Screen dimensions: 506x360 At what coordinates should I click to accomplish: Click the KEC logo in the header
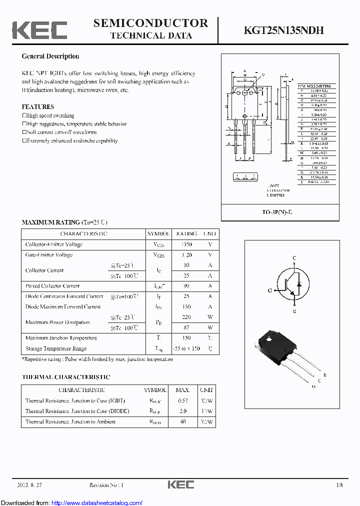click(39, 29)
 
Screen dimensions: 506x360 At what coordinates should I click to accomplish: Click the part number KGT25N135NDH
click(283, 30)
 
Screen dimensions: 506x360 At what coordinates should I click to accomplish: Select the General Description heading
click(50, 56)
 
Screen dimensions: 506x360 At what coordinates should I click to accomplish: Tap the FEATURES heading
click(37, 107)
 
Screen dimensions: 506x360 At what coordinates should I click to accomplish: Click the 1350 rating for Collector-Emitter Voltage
click(186, 244)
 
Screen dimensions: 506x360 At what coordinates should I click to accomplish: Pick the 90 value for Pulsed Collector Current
click(186, 286)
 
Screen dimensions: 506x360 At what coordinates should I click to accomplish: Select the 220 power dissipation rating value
click(186, 317)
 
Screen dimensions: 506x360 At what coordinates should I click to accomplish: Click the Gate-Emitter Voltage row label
click(49, 255)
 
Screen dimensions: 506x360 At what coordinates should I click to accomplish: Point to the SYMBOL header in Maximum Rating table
click(158, 234)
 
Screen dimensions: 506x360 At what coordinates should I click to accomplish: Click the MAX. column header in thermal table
click(182, 390)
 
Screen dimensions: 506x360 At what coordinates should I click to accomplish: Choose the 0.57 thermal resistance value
click(182, 400)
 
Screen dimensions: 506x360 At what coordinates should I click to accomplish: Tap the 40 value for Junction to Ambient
click(182, 421)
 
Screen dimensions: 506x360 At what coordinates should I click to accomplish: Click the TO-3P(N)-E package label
click(280, 212)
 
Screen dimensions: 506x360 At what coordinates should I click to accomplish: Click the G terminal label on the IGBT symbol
click(270, 290)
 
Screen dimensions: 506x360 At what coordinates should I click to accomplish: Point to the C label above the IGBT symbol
click(294, 258)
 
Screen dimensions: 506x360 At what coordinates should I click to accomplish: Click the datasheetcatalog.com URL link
click(97, 502)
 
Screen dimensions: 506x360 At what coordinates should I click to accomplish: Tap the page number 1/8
click(340, 485)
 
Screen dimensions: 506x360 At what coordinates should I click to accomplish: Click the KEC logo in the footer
click(180, 484)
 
